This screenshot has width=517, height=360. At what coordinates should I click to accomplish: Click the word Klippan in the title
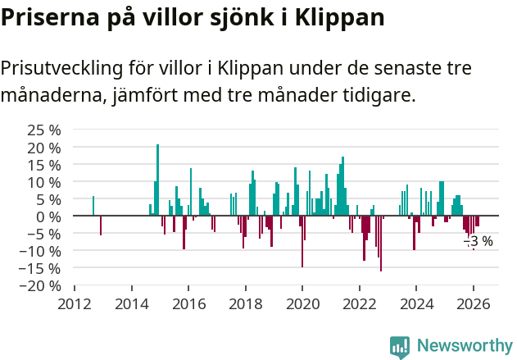pyautogui.click(x=337, y=16)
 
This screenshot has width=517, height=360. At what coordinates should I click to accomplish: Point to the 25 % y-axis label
pyautogui.click(x=44, y=130)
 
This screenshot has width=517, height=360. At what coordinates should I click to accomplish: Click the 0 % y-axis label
pyautogui.click(x=49, y=216)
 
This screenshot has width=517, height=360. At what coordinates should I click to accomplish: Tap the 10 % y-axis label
pyautogui.click(x=44, y=182)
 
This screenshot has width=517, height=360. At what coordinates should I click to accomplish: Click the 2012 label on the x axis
pyautogui.click(x=75, y=303)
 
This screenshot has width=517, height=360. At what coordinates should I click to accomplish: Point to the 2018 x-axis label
pyautogui.click(x=245, y=303)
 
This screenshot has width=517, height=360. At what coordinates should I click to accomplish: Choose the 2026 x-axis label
pyautogui.click(x=473, y=303)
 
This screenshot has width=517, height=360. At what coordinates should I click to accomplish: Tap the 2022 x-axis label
pyautogui.click(x=359, y=303)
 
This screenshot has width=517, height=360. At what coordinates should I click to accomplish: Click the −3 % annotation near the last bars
pyautogui.click(x=478, y=241)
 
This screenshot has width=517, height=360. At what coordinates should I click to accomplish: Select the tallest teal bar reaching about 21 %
pyautogui.click(x=157, y=180)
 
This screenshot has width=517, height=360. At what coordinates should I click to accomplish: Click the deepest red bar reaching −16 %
pyautogui.click(x=381, y=243)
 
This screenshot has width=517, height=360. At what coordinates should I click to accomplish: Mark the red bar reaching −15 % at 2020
pyautogui.click(x=302, y=241)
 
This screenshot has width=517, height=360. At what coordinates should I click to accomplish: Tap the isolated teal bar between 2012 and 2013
pyautogui.click(x=93, y=206)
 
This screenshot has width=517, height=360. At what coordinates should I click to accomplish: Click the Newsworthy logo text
pyautogui.click(x=464, y=345)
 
